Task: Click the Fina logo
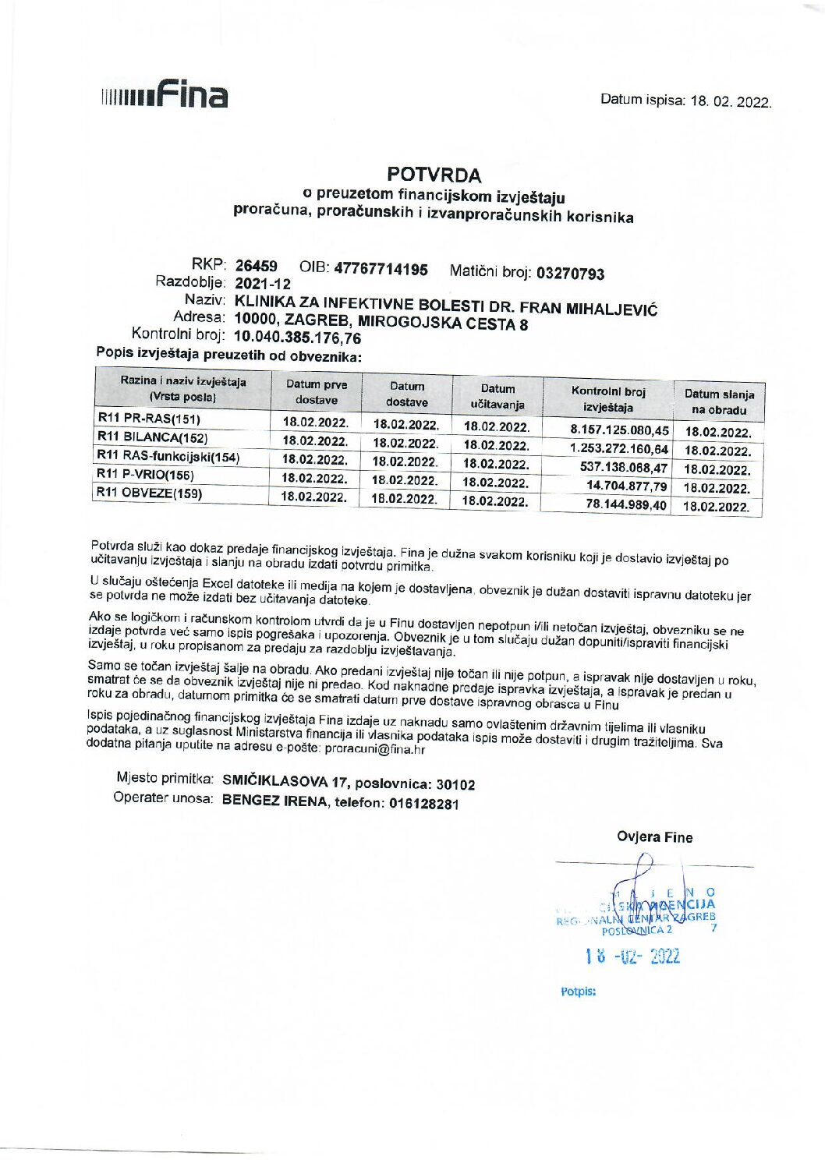pos(165,95)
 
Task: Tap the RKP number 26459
pos(257,266)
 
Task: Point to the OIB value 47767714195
pos(381,270)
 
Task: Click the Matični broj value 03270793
pos(570,274)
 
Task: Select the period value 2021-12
pos(262,284)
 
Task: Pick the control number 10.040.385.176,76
pos(297,338)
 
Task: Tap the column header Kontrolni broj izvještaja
pos(608,399)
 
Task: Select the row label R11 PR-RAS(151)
pos(149,419)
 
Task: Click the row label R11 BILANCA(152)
pos(153,437)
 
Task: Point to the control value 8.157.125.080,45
pos(619,430)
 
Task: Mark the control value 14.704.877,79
pos(626,486)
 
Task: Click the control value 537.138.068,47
pos(624,468)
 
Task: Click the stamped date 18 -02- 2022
pos(632,957)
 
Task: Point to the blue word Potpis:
pos(578,992)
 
